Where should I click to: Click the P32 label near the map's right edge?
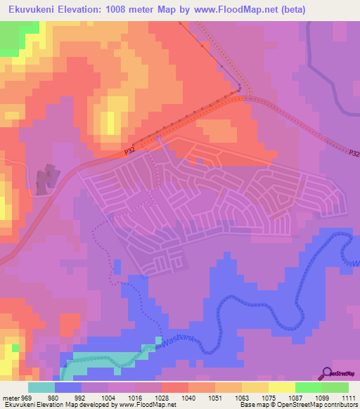353,152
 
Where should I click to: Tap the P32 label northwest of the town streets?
129,150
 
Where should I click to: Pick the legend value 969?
27,397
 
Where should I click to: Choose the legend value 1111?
349,397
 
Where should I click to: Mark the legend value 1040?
188,397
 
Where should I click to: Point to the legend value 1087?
295,397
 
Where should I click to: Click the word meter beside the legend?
11,397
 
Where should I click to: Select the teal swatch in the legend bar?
41,387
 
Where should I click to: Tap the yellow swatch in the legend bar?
281,387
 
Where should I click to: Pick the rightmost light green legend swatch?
335,387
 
